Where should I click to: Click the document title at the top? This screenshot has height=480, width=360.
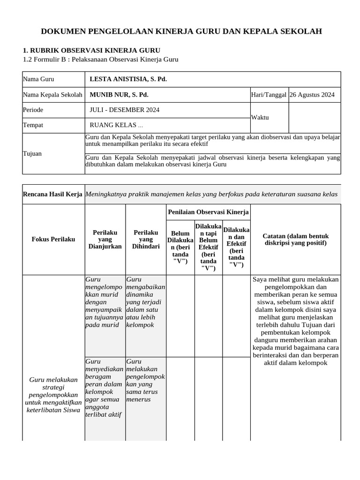tap(181, 31)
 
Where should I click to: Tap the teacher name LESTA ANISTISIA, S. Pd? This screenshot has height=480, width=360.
tap(128, 79)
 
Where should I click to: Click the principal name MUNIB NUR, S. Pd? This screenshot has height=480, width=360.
tap(119, 95)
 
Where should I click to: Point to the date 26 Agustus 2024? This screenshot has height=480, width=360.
tap(312, 95)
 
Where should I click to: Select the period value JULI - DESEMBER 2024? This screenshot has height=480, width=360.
tap(124, 110)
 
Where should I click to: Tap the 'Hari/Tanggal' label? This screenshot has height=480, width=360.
tap(269, 95)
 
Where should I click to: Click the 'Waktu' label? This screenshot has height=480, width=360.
tap(260, 118)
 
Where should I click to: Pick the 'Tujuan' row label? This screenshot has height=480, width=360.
tap(32, 154)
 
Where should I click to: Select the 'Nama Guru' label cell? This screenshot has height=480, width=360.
tap(38, 79)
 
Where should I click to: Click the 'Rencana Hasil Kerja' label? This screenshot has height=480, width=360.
tap(53, 194)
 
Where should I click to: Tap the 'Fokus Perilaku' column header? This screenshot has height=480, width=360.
tap(53, 240)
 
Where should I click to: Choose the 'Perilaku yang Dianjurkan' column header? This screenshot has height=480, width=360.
tap(105, 240)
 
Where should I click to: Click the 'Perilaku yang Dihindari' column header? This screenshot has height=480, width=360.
tap(146, 240)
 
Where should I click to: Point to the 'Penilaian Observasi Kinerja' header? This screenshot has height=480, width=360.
tap(208, 212)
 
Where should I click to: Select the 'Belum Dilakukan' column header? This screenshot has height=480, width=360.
tap(180, 247)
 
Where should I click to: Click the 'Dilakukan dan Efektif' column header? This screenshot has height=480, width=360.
tap(236, 247)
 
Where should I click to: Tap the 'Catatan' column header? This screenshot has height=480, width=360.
tap(296, 240)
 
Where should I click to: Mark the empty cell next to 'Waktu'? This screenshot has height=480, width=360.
tap(315, 118)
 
